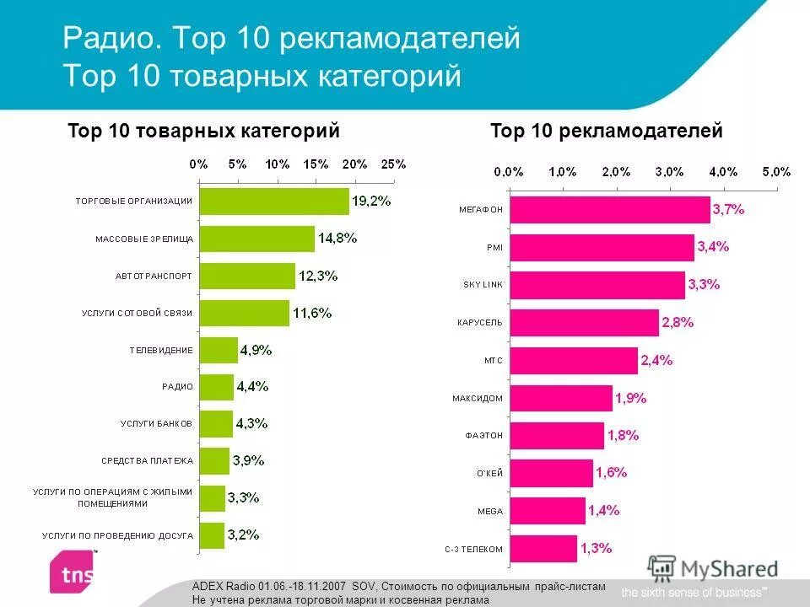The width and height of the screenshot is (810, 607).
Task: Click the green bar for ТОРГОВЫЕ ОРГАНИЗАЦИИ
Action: coord(274,201)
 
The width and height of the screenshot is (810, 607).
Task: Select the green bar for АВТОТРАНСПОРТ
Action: coord(247,276)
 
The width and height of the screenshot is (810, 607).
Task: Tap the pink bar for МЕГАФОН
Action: coord(610,210)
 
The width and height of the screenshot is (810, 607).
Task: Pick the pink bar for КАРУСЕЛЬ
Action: coord(584,323)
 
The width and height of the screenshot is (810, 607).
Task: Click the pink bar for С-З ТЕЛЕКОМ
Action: coord(543,549)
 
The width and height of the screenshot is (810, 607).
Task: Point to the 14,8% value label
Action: coord(337,238)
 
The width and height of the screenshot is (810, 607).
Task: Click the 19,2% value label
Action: coord(371,201)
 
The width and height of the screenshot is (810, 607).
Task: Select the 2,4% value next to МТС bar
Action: coord(656,360)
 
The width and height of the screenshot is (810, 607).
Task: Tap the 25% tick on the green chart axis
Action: coord(393,164)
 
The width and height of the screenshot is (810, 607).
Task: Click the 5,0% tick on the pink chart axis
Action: coord(776,171)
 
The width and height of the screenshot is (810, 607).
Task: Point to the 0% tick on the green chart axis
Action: coord(198,164)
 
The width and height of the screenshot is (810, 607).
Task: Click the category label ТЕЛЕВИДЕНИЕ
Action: coord(161,350)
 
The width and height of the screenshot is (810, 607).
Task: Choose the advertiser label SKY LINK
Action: coord(483,285)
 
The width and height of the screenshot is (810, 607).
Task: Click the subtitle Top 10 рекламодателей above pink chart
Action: coord(606,131)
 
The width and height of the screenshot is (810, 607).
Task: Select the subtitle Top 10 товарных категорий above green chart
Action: coord(203,131)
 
